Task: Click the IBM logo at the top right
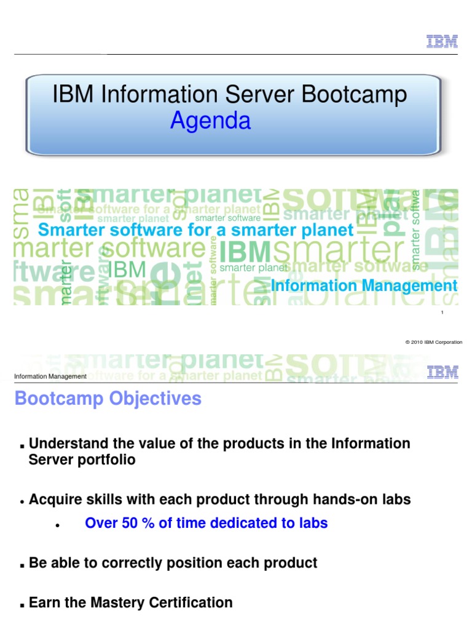442,41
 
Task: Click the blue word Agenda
210,121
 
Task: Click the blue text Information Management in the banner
364,285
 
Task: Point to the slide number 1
442,314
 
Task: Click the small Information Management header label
50,377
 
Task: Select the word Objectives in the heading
155,399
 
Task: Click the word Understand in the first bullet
68,444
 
